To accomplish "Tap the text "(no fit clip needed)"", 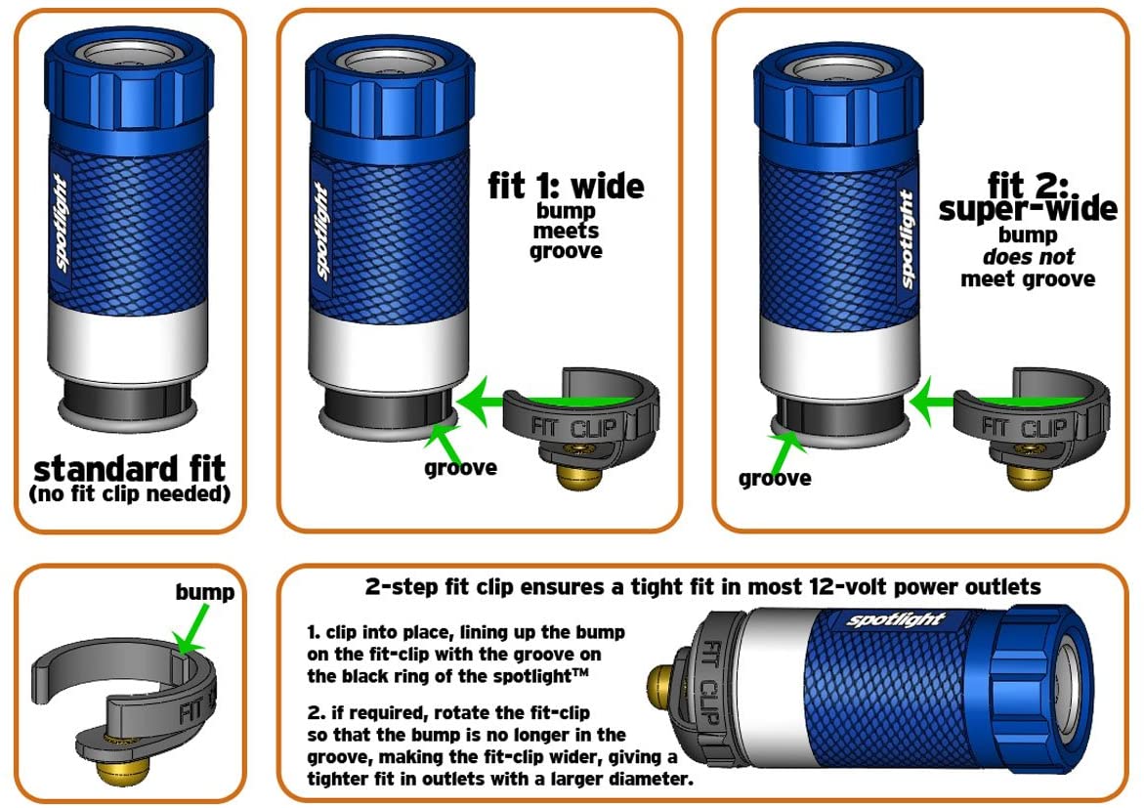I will pos(129,493).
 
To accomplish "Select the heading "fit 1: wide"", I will pos(567,186).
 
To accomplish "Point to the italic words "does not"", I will pos(1027,257).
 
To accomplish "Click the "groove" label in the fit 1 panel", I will pos(460,468).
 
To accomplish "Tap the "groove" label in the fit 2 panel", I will pos(775,479).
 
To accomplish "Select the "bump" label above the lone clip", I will pos(204,592).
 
